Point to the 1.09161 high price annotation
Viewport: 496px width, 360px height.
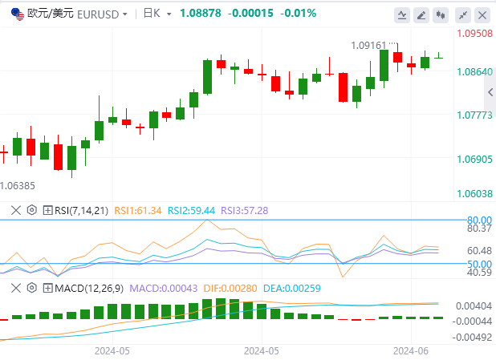coord(369,46)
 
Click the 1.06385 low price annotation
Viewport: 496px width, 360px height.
coord(18,186)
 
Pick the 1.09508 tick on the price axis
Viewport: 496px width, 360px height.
coord(474,34)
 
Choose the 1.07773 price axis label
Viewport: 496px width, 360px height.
coord(474,115)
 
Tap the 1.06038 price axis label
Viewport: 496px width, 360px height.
coord(474,193)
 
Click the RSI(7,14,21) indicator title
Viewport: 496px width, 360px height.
coord(81,210)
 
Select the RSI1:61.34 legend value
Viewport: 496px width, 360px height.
coord(138,210)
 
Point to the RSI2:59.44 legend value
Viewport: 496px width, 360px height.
coord(193,210)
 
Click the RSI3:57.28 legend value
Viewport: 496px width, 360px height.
coord(246,210)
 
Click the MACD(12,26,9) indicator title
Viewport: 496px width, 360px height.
coord(89,287)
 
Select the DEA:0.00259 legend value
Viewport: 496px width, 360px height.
coord(287,287)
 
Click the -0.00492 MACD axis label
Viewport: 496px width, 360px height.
coord(474,336)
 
